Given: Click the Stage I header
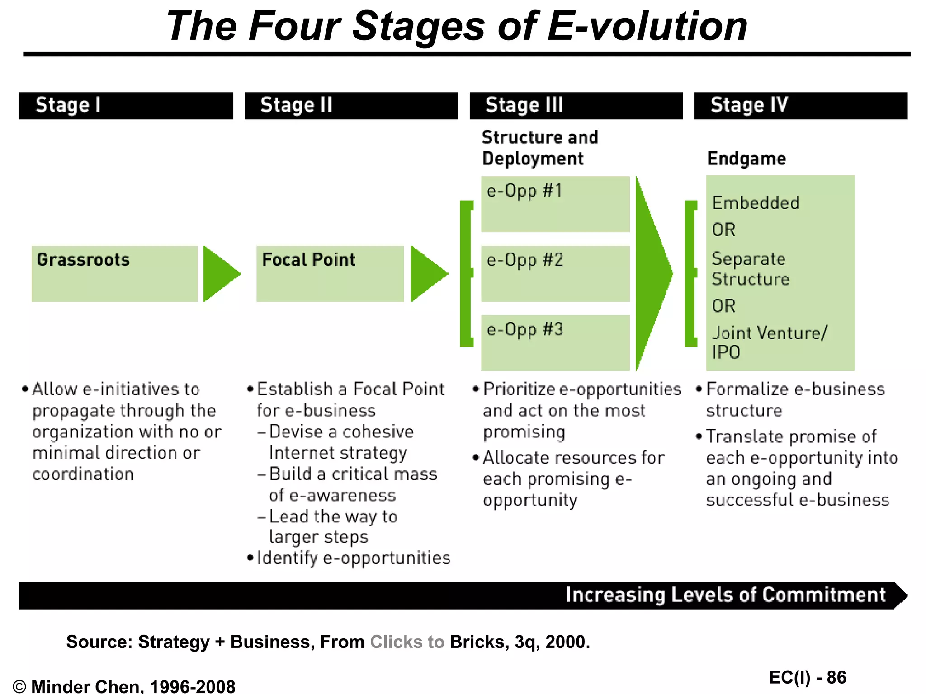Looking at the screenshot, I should (x=126, y=106).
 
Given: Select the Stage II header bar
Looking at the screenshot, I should (x=351, y=106).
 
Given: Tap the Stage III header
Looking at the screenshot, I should (x=576, y=106).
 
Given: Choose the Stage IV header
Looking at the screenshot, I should (x=800, y=106).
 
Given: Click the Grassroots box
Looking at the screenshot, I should (x=114, y=273).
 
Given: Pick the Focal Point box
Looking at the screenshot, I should (x=330, y=273).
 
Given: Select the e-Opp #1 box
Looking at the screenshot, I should (x=555, y=204).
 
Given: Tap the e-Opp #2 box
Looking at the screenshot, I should (x=555, y=273).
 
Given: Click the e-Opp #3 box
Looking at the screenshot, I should (x=555, y=342).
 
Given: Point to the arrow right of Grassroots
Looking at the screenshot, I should (x=219, y=274).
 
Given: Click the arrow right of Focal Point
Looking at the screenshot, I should (x=426, y=274).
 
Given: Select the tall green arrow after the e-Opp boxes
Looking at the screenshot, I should (x=651, y=274).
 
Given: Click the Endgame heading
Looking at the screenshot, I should (x=746, y=159).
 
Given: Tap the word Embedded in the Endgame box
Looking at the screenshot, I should (x=756, y=203).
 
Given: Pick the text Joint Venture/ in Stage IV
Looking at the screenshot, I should (x=769, y=333).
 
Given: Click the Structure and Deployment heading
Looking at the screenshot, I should (x=540, y=148).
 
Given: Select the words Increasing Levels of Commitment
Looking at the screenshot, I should (x=725, y=595).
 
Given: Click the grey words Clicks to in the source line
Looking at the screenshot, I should (x=407, y=642).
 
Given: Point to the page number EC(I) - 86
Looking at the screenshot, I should (x=808, y=677).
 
